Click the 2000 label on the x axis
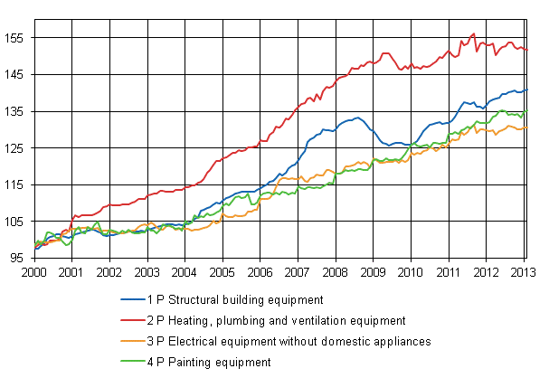(x=34, y=271)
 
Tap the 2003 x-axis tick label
(x=147, y=271)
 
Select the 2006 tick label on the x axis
(x=260, y=271)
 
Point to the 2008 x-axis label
(x=336, y=271)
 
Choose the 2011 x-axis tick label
(x=449, y=271)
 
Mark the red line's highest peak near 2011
(x=473, y=34)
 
